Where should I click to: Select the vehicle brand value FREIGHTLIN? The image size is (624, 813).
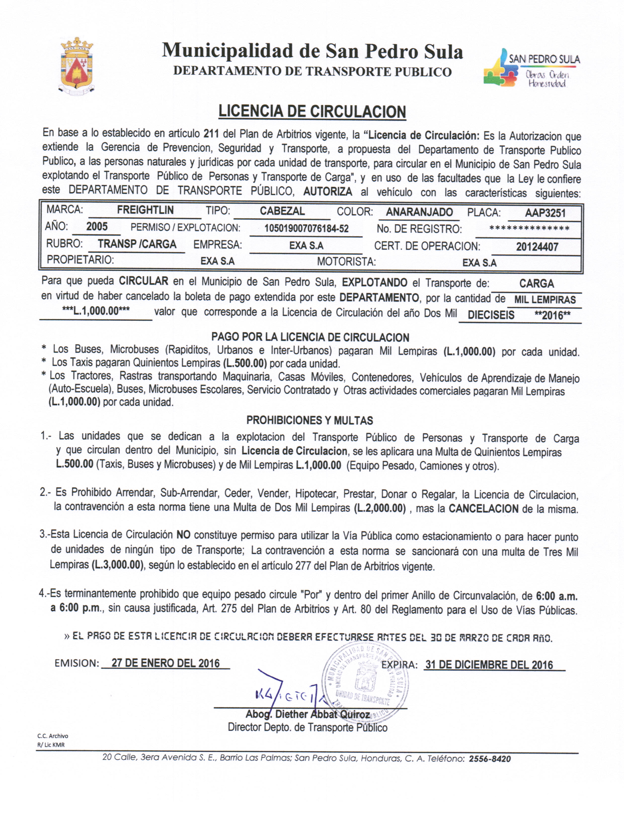[x=145, y=210]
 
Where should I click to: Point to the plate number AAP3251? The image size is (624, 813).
[x=545, y=213]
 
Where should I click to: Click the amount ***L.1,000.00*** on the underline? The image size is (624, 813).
[x=96, y=311]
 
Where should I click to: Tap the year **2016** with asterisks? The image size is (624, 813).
[x=552, y=315]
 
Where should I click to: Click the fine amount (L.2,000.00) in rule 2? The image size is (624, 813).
[x=380, y=508]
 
